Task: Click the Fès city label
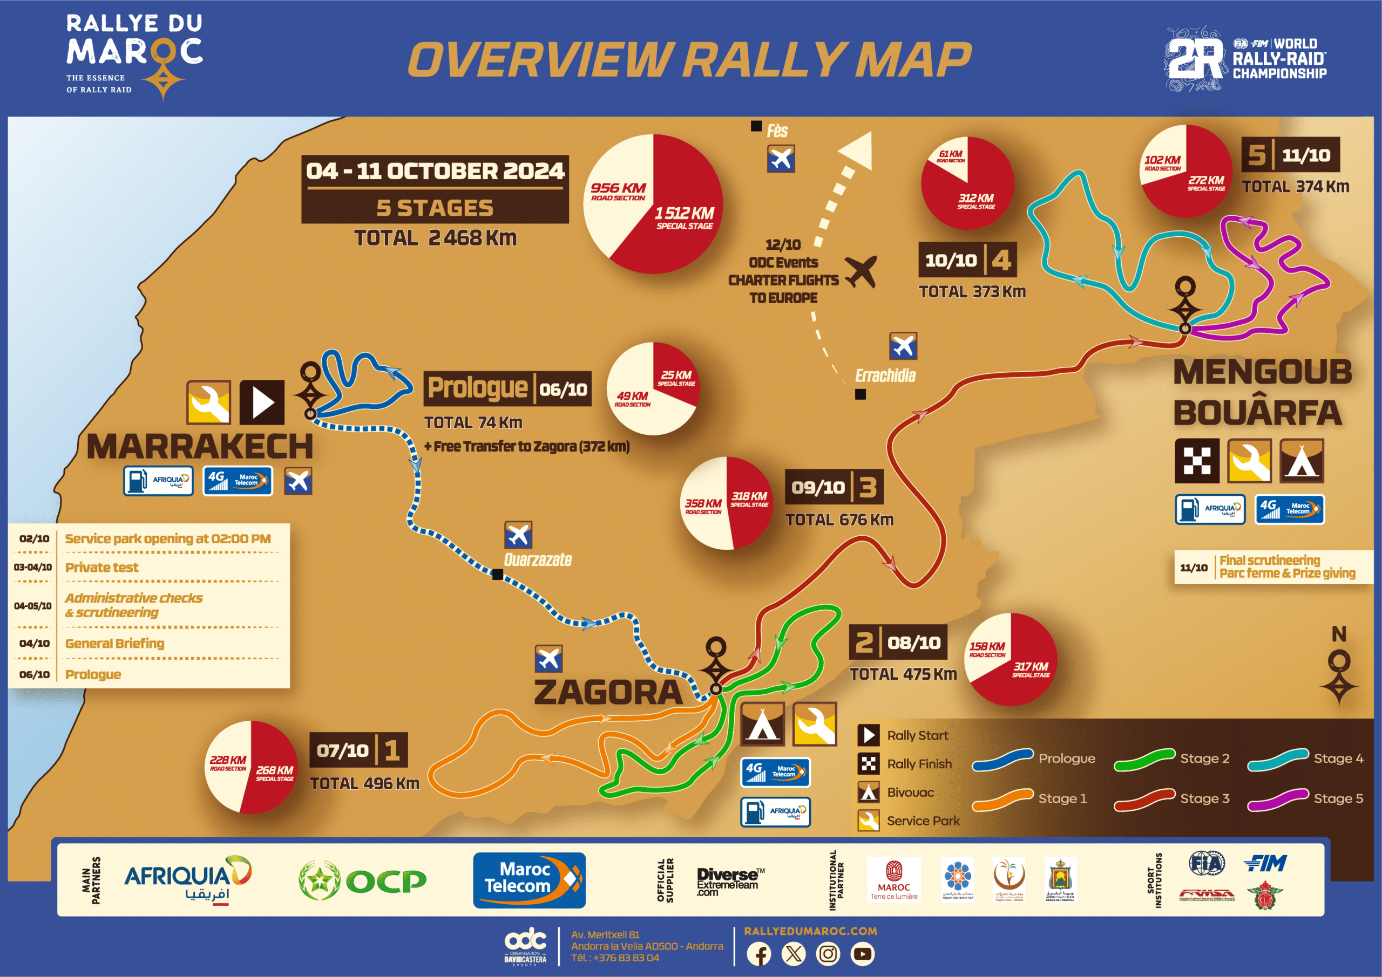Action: (777, 131)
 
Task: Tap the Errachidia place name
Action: (885, 376)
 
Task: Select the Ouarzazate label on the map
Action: (538, 560)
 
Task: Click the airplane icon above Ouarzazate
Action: (518, 535)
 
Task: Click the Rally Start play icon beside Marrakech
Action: (262, 402)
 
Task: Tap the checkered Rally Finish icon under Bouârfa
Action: (1197, 461)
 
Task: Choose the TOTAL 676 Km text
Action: (839, 520)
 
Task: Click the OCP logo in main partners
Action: (362, 881)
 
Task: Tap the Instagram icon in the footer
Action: (828, 954)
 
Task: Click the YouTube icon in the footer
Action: (862, 954)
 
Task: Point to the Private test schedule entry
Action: (101, 568)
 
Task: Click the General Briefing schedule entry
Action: (114, 643)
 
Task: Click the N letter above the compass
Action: (1339, 634)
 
